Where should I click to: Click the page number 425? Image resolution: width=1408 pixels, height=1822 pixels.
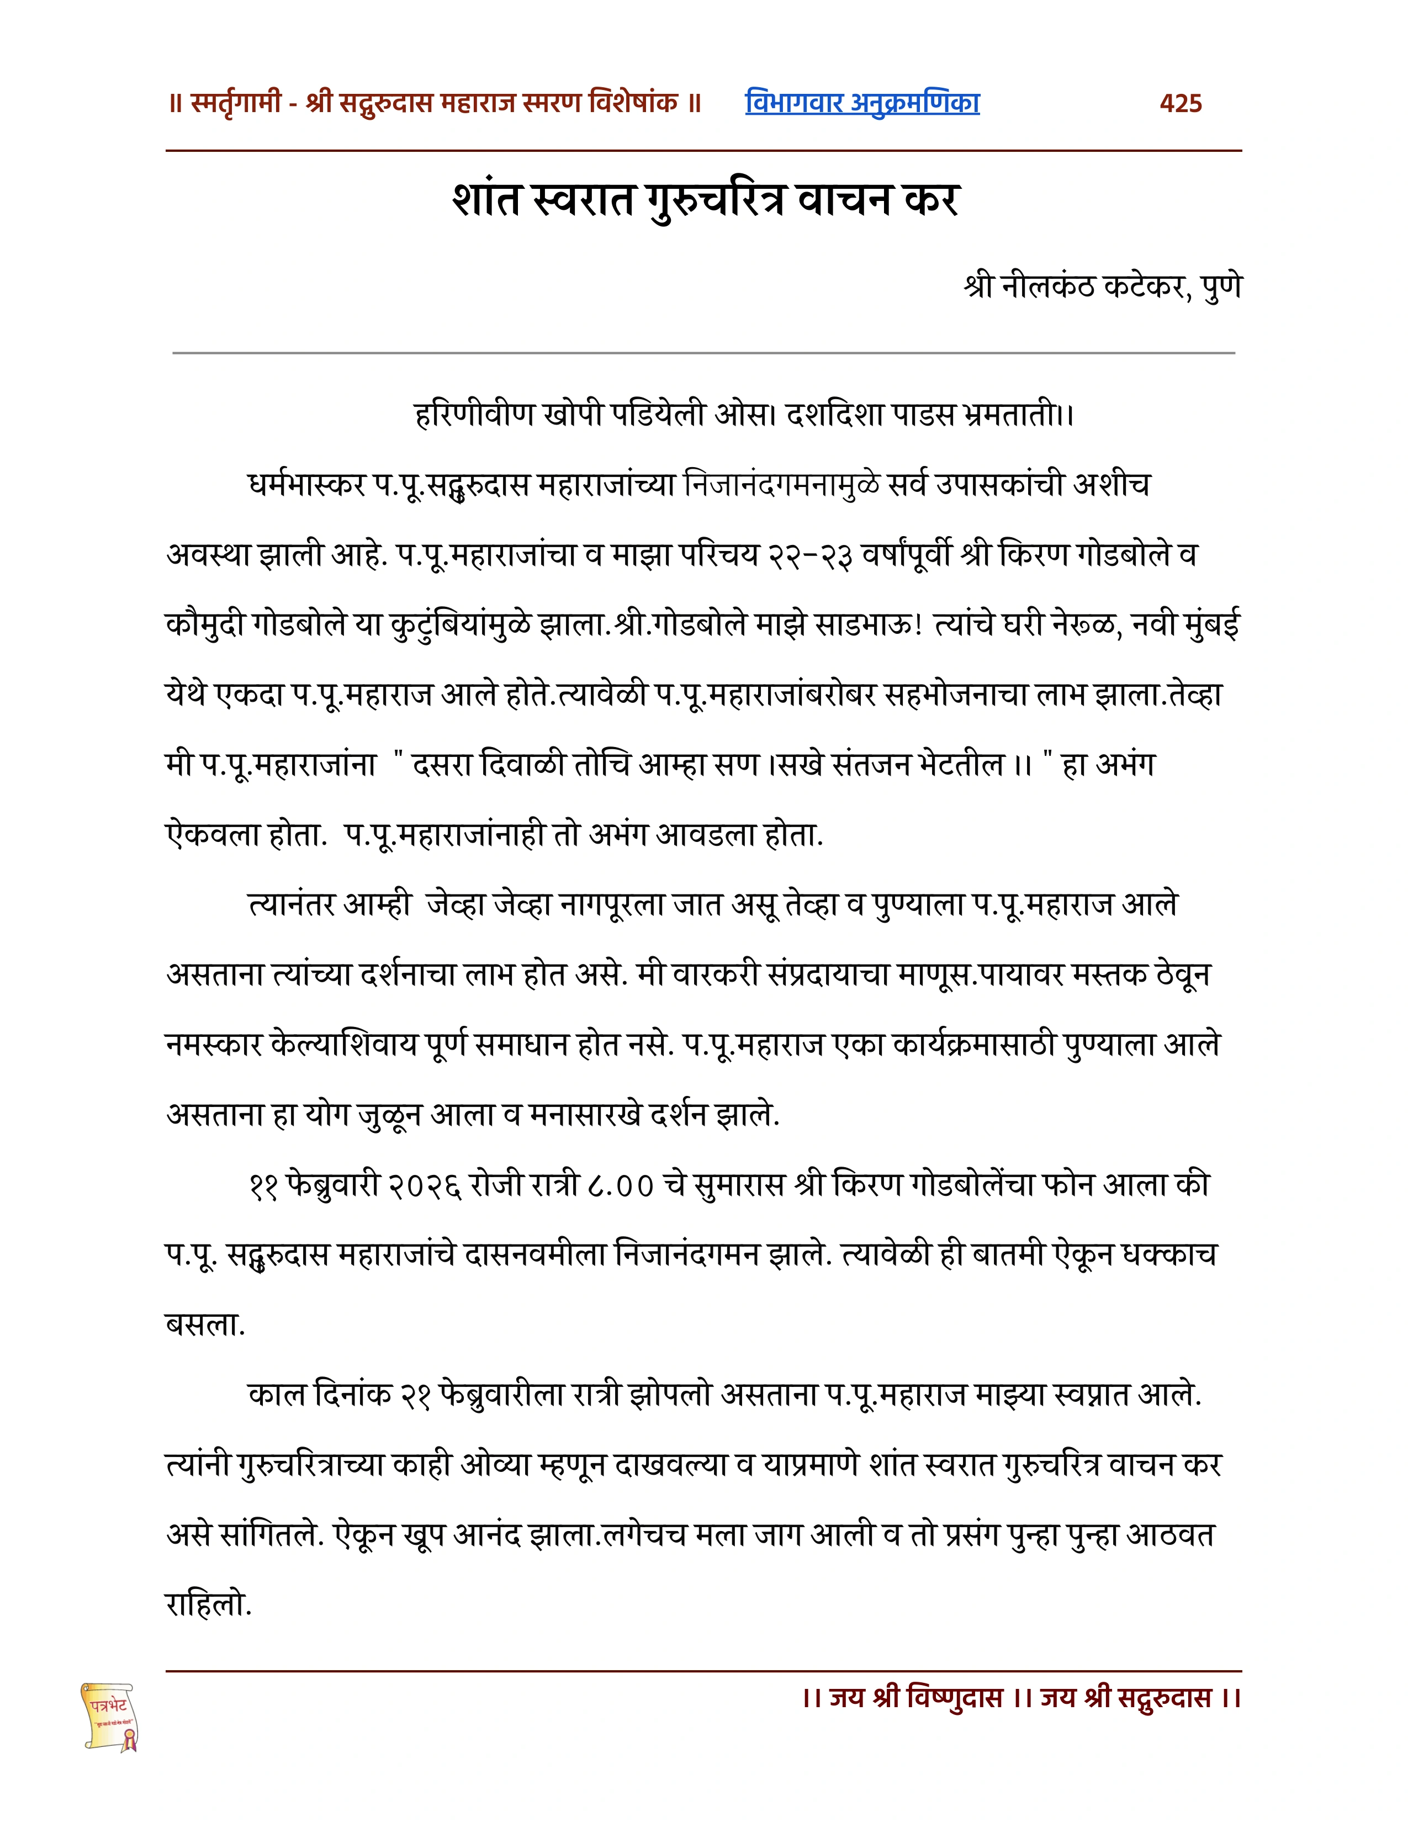pyautogui.click(x=1181, y=103)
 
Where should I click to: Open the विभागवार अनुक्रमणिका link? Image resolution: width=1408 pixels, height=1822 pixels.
pyautogui.click(x=862, y=103)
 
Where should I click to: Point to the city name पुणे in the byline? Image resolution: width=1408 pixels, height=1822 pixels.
pyautogui.click(x=1221, y=286)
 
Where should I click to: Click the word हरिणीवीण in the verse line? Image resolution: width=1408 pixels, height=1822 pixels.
pyautogui.click(x=473, y=415)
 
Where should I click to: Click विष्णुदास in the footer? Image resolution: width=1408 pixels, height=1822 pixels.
pyautogui.click(x=955, y=1698)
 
